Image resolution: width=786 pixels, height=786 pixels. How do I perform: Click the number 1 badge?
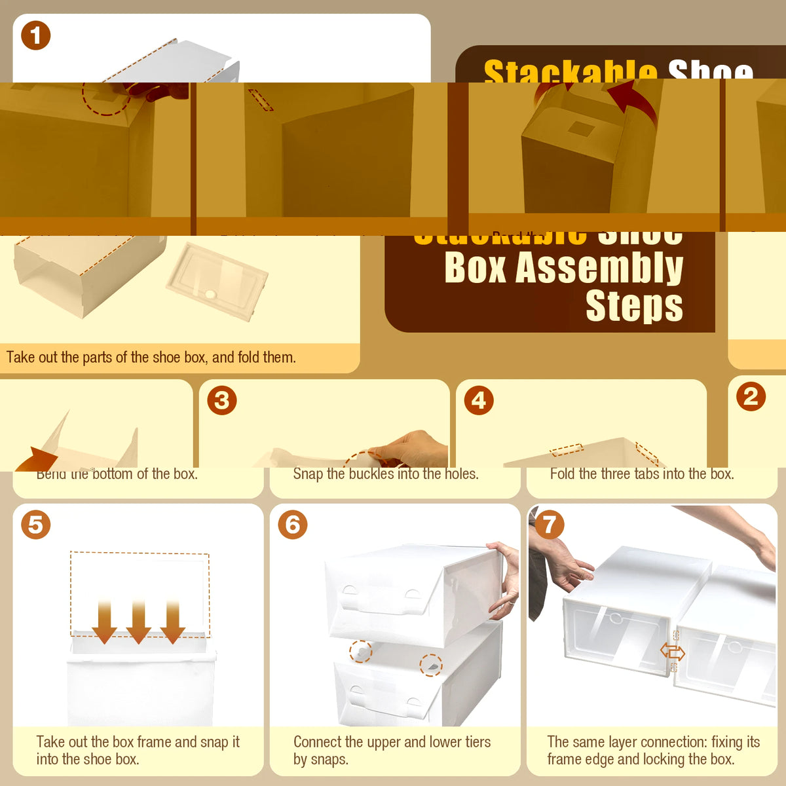pyautogui.click(x=35, y=35)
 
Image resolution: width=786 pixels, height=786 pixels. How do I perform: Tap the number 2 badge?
pyautogui.click(x=751, y=397)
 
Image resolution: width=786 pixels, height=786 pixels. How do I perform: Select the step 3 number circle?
pyautogui.click(x=222, y=400)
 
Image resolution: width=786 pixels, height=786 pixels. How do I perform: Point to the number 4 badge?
pyautogui.click(x=479, y=400)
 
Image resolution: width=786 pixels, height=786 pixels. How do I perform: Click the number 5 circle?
pyautogui.click(x=35, y=525)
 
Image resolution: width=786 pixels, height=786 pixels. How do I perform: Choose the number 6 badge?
pyautogui.click(x=292, y=525)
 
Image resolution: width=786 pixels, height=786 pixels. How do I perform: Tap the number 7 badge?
pyautogui.click(x=549, y=525)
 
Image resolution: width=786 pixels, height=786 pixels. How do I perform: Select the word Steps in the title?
pyautogui.click(x=634, y=306)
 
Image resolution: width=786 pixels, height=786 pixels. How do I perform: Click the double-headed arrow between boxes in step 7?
pyautogui.click(x=673, y=652)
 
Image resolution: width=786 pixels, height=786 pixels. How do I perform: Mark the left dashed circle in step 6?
pyautogui.click(x=360, y=652)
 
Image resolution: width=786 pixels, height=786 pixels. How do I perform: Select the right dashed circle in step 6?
pyautogui.click(x=431, y=665)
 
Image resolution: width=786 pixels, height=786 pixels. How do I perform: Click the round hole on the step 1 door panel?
pyautogui.click(x=210, y=294)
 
